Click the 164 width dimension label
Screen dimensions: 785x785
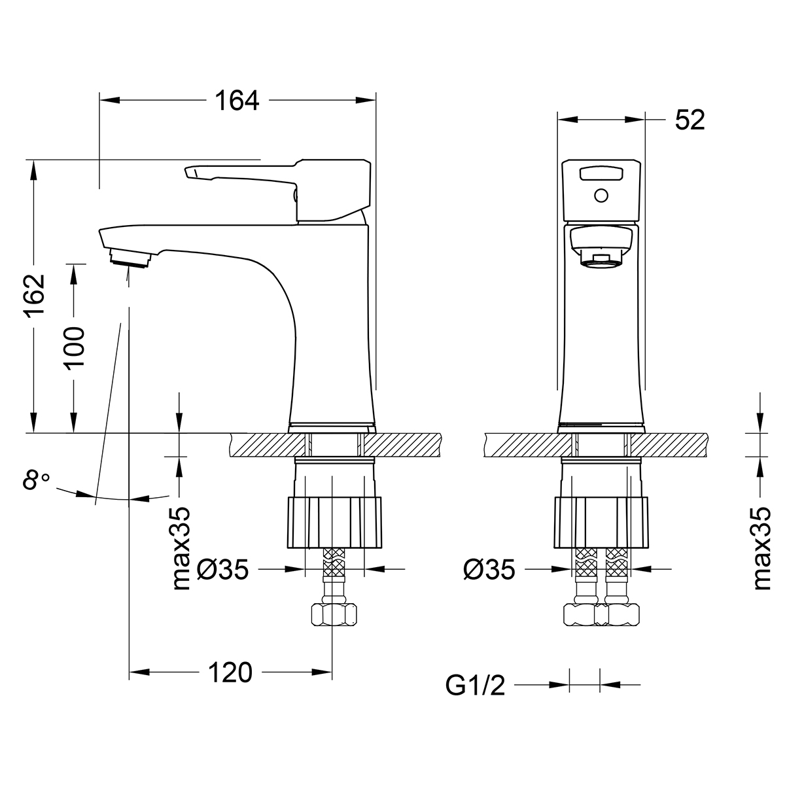[x=237, y=101]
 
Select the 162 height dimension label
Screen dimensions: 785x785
[x=34, y=296]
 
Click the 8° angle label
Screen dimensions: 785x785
[x=35, y=482]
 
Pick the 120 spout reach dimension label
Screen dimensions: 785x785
[x=230, y=672]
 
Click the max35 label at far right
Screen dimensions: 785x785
[x=763, y=548]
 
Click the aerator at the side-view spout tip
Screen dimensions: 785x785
[x=132, y=258]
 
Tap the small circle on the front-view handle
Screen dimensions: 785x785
[x=601, y=195]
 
